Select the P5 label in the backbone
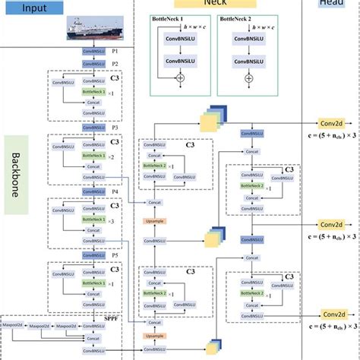point(114,254)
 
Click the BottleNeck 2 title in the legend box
point(238,14)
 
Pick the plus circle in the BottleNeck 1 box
point(181,77)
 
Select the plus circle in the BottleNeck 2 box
point(248,77)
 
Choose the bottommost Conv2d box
point(330,315)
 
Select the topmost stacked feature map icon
point(210,122)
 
